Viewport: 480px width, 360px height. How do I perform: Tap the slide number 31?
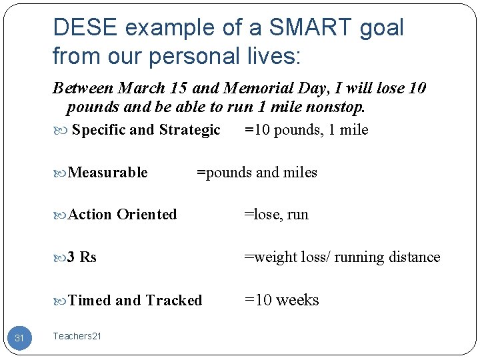[19, 339]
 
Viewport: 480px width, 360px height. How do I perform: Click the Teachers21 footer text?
[77, 337]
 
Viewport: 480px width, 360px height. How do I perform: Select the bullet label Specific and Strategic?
[146, 130]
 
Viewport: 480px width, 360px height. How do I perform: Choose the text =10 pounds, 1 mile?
[306, 130]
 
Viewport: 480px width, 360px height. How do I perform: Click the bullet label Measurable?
[108, 173]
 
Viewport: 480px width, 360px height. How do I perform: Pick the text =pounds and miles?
[257, 173]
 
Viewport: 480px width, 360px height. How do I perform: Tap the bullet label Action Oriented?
[123, 215]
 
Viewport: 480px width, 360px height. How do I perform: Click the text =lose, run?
[276, 215]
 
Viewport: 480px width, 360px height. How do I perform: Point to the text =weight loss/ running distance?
[342, 257]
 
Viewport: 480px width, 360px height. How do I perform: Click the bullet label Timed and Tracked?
[135, 301]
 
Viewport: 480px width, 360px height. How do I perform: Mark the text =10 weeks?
[281, 301]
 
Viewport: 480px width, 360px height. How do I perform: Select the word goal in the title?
[379, 28]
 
